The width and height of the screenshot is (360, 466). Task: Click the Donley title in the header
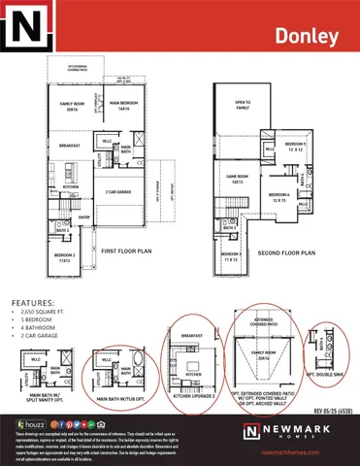click(307, 37)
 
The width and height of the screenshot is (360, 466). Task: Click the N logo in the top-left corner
click(22, 25)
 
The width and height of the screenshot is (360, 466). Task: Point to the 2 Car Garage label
click(119, 192)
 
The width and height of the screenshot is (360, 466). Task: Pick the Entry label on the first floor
click(84, 217)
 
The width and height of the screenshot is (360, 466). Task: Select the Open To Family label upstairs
click(243, 104)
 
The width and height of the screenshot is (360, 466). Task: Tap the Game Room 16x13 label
click(240, 178)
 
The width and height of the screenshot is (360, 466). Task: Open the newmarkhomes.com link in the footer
click(307, 451)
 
